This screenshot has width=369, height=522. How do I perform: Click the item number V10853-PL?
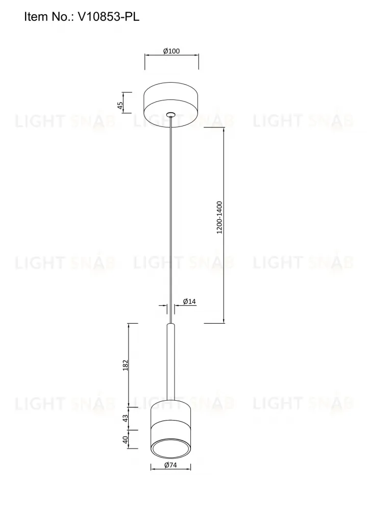pos(108,16)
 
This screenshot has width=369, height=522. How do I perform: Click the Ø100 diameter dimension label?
pos(171,51)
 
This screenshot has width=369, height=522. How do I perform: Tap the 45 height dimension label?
pos(120,106)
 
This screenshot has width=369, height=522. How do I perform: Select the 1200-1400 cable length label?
pos(219,217)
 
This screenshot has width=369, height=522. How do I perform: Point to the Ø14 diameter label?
pos(189,302)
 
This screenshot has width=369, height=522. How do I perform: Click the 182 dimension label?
pos(126,365)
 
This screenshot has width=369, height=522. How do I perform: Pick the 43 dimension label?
pos(126,418)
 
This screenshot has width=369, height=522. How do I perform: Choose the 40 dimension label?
pos(126,440)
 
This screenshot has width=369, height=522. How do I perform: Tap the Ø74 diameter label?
pos(170,465)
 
